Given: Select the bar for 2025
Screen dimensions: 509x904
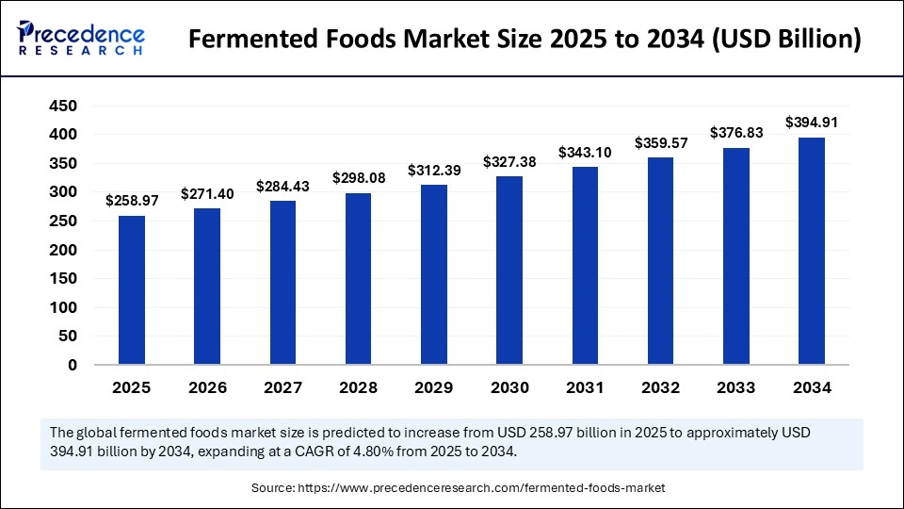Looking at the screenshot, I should click(132, 290).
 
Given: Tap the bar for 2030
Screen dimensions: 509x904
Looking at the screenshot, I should click(509, 271).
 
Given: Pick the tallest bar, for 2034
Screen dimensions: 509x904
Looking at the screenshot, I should click(812, 251).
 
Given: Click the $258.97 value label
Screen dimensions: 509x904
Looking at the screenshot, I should click(132, 202).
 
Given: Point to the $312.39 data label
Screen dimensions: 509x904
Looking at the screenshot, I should click(434, 171).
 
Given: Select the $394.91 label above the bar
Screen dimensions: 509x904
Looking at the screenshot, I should click(812, 123).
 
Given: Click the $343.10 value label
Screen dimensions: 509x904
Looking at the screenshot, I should click(585, 152).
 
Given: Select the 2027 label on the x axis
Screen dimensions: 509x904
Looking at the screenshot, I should click(282, 387).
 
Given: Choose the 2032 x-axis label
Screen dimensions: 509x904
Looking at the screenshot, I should click(661, 387).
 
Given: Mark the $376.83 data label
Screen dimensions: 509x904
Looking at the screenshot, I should click(736, 133).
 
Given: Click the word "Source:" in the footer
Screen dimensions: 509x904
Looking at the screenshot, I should click(273, 488).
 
